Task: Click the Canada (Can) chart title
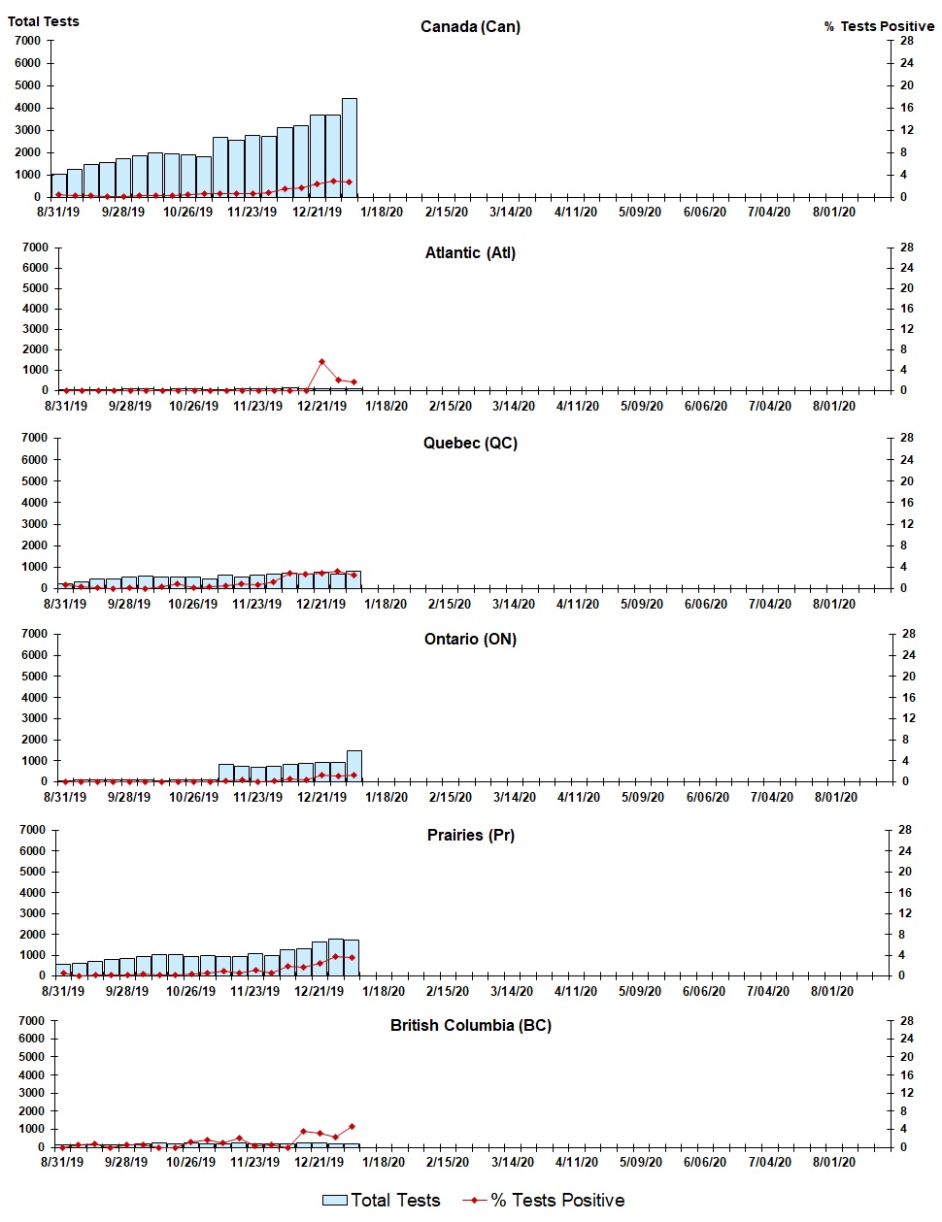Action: click(x=470, y=26)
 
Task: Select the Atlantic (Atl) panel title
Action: click(x=470, y=252)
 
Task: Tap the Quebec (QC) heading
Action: click(x=470, y=443)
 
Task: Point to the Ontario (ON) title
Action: click(x=470, y=639)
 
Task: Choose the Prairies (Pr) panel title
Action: click(x=470, y=835)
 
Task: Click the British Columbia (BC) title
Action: click(x=470, y=1025)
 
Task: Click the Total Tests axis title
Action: click(x=44, y=21)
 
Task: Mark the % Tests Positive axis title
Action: click(x=879, y=26)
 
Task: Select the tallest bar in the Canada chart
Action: click(x=350, y=148)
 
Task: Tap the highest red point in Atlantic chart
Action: click(x=321, y=362)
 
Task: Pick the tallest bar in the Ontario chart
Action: click(x=354, y=766)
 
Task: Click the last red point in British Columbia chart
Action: click(x=352, y=1127)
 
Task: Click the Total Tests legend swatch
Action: click(x=335, y=1201)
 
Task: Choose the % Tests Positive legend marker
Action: click(x=474, y=1201)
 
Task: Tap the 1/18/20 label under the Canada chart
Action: click(x=382, y=212)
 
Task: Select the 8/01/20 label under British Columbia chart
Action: click(x=832, y=1162)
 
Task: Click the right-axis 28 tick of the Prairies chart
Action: click(x=904, y=830)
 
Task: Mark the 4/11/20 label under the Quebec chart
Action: click(x=578, y=604)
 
